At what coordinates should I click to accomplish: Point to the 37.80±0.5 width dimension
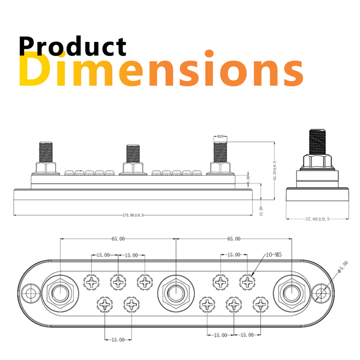(x=317, y=220)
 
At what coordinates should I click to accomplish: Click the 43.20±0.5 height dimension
(x=275, y=171)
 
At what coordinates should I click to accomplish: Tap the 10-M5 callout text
(x=272, y=255)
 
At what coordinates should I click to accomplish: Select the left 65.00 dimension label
(x=118, y=238)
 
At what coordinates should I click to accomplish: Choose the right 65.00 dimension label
(x=233, y=238)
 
